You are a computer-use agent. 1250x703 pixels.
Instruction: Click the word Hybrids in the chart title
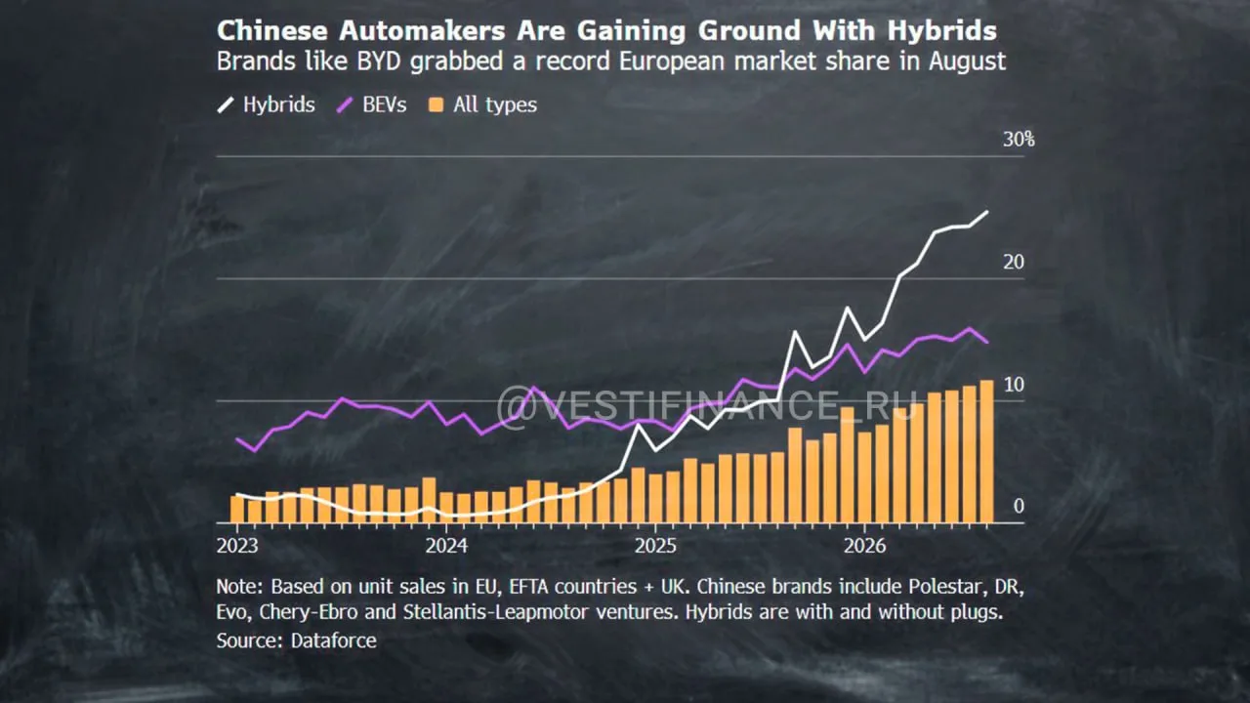tap(942, 31)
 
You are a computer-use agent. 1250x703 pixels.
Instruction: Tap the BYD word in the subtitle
tap(379, 61)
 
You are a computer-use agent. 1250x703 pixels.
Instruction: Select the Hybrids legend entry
tap(267, 104)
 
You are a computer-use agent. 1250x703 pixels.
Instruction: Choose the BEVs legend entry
tap(372, 104)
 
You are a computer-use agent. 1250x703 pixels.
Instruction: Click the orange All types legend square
tap(436, 104)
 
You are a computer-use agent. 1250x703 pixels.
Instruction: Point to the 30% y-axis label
tap(1019, 139)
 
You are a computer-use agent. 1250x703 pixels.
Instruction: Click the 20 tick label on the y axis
tap(1014, 262)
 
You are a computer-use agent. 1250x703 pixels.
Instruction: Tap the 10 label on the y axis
tap(1014, 385)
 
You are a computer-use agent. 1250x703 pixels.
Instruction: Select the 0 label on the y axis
tap(1019, 506)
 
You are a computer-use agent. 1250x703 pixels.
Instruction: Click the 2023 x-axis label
tap(237, 546)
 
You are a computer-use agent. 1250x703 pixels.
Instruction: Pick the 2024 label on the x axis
tap(446, 546)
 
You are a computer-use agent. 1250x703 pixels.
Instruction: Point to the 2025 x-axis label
tap(655, 546)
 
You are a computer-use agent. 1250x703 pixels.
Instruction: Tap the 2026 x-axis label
tap(864, 546)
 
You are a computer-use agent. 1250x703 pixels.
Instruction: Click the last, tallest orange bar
tap(986, 451)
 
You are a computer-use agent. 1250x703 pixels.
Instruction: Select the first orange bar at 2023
tap(237, 509)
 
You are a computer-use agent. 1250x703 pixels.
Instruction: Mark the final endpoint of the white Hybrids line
tap(987, 212)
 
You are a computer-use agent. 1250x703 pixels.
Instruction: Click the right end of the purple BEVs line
tap(987, 342)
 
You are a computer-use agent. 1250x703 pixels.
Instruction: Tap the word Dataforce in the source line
tap(334, 641)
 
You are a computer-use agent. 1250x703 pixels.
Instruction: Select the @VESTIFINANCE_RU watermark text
tap(707, 405)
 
